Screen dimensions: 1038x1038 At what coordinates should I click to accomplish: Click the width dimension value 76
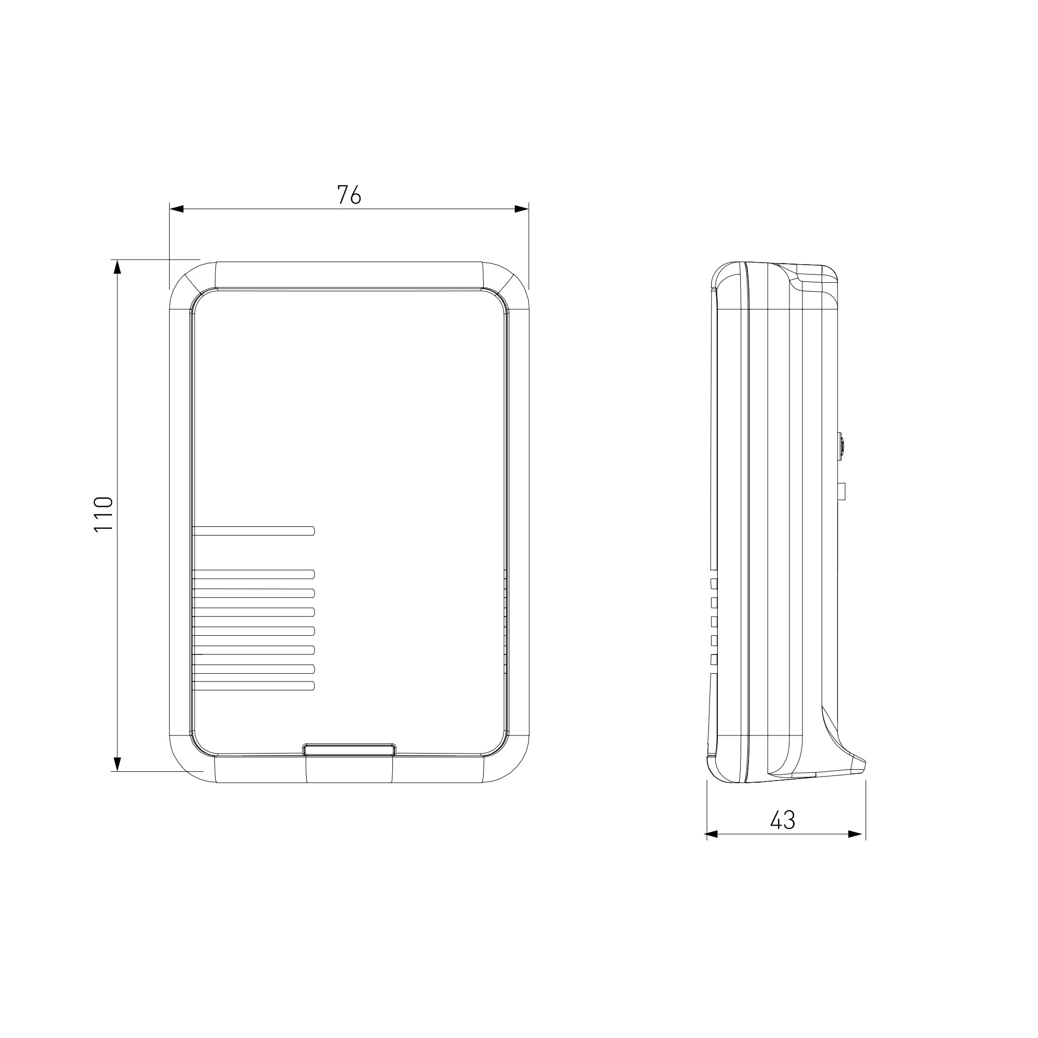pyautogui.click(x=349, y=195)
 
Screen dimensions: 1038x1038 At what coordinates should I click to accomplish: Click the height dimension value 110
pyautogui.click(x=104, y=514)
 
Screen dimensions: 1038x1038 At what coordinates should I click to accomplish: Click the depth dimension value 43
pyautogui.click(x=782, y=820)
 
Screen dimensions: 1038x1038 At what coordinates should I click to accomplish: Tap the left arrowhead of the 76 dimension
pyautogui.click(x=177, y=209)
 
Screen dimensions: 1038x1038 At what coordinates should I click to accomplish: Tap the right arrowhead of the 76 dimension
pyautogui.click(x=521, y=209)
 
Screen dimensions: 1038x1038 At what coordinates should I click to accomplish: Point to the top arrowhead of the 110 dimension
pyautogui.click(x=118, y=267)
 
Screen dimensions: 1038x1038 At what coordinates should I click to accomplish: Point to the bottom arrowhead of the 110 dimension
pyautogui.click(x=118, y=764)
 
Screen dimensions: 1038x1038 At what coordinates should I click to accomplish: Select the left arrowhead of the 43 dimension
pyautogui.click(x=712, y=835)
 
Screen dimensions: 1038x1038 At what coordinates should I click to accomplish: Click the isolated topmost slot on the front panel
pyautogui.click(x=253, y=531)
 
